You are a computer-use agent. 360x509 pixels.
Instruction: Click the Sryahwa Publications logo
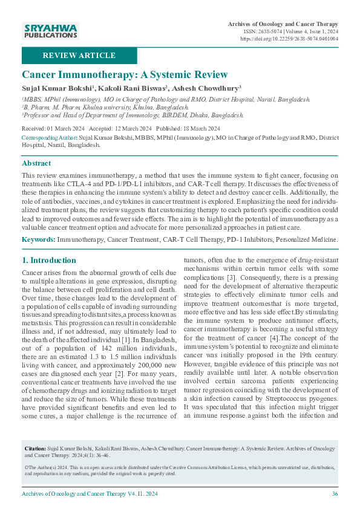[x=50, y=30]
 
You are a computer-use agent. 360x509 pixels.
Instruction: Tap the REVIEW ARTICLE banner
[x=79, y=56]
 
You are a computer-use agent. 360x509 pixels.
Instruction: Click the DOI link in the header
[x=289, y=38]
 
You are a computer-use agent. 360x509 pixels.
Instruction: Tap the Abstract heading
[x=36, y=163]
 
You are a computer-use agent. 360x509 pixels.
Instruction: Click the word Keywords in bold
[x=39, y=239]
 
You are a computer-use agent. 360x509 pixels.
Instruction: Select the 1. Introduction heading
[x=49, y=261]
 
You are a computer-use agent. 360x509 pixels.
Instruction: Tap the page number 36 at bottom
[x=335, y=494]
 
